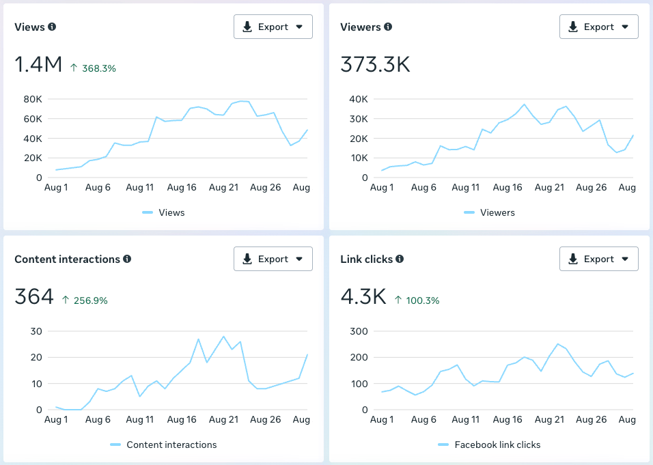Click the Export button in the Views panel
pos(273,27)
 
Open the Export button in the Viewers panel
pos(598,27)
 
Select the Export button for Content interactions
pos(273,259)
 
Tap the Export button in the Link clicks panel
pos(598,259)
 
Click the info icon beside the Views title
pos(52,27)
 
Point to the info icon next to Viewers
pos(388,27)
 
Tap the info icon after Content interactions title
pos(127,259)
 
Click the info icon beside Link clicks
pos(400,259)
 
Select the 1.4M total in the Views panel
pos(38,64)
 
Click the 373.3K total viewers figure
pos(375,64)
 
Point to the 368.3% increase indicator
pos(93,68)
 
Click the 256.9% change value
pos(85,300)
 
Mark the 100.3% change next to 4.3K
pos(417,300)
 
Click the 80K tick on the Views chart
pos(33,99)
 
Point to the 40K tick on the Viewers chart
pos(359,99)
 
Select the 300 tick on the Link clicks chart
pos(359,331)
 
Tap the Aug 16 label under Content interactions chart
pos(182,420)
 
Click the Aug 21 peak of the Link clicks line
pos(557,344)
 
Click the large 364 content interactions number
pos(34,297)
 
